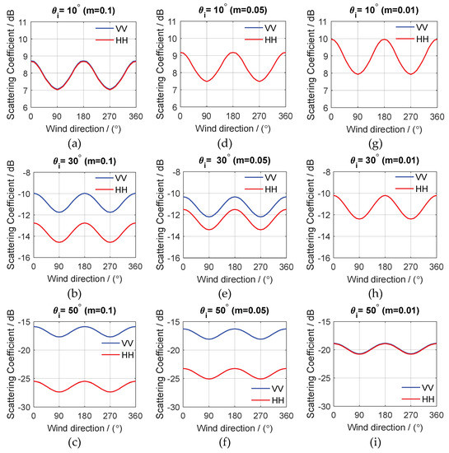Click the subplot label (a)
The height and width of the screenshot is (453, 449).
pyautogui.click(x=74, y=143)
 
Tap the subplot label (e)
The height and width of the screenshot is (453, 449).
pyautogui.click(x=224, y=293)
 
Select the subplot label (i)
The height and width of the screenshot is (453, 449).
pyautogui.click(x=375, y=442)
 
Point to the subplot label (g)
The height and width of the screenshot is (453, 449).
pyautogui.click(x=376, y=144)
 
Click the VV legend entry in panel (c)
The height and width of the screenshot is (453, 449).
pyautogui.click(x=118, y=343)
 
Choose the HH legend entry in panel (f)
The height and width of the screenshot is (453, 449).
pyautogui.click(x=268, y=400)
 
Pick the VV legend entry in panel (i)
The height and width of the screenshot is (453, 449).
pyautogui.click(x=418, y=387)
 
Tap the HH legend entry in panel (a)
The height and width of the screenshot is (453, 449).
pyautogui.click(x=112, y=40)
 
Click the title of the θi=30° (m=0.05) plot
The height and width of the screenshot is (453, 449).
pyautogui.click(x=234, y=161)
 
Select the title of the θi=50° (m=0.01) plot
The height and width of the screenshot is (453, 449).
pyautogui.click(x=385, y=311)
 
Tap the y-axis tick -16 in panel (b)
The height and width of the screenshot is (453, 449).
pyautogui.click(x=25, y=258)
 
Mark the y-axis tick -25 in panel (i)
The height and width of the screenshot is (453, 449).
pyautogui.click(x=324, y=378)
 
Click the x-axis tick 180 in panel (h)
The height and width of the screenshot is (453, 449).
pyautogui.click(x=385, y=267)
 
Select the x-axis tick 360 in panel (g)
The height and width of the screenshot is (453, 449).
pyautogui.click(x=437, y=117)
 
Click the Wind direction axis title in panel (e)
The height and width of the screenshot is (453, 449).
pyautogui.click(x=235, y=279)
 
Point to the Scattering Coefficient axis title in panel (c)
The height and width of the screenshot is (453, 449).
pyautogui.click(x=11, y=364)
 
